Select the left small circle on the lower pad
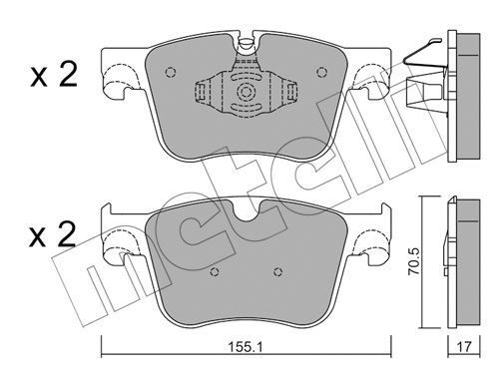(x=213, y=273)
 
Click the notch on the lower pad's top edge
(x=243, y=212)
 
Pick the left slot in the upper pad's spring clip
(x=203, y=94)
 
